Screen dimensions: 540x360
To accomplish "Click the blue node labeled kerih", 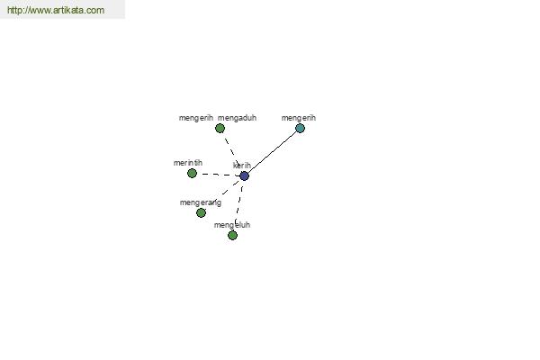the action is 244,176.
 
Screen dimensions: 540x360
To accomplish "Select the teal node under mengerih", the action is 300,128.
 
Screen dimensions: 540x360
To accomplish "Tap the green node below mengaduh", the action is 220,128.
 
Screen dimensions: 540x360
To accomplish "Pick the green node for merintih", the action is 192,173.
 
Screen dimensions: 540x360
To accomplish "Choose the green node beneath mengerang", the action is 201,213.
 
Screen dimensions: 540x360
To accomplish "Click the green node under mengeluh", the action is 232,235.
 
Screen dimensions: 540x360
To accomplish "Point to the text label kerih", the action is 242,166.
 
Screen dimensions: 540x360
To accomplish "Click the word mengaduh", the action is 237,118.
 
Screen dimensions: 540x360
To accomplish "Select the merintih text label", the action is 188,163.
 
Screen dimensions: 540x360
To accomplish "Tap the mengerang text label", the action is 201,202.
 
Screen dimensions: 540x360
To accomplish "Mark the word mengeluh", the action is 232,225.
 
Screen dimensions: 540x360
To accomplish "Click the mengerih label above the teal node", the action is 299,118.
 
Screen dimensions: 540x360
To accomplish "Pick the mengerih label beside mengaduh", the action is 196,118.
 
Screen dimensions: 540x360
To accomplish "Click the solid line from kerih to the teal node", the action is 272,152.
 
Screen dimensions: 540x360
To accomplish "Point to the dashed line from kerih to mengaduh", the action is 232,152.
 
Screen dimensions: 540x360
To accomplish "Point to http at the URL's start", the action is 13,10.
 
